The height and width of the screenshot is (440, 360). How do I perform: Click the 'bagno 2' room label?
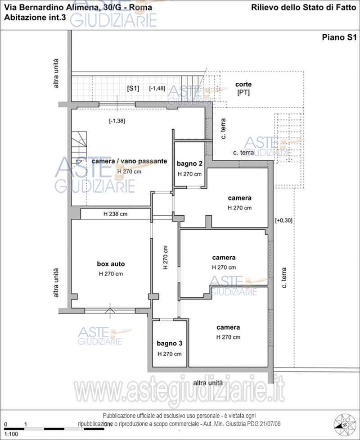(x=189, y=163)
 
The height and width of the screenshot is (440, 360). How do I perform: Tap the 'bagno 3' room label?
(x=169, y=343)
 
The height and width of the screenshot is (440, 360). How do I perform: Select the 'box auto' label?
(x=111, y=264)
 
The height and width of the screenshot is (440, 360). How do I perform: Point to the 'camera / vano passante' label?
(x=129, y=161)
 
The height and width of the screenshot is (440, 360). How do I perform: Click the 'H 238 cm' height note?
(x=115, y=214)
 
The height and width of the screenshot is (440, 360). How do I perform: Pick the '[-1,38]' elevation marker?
(x=117, y=121)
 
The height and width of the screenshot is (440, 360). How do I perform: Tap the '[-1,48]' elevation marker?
(x=157, y=88)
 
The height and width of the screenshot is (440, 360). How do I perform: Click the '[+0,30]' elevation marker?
(x=284, y=220)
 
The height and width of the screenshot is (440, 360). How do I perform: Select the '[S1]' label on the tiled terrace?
(x=133, y=88)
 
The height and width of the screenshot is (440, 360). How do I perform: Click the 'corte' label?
(x=243, y=84)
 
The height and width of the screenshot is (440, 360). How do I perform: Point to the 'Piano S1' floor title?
(x=339, y=37)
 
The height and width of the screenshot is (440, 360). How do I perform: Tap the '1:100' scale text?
(x=11, y=434)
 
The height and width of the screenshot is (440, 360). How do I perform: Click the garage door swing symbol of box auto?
(x=110, y=309)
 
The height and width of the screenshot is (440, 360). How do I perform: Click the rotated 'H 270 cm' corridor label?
(x=166, y=258)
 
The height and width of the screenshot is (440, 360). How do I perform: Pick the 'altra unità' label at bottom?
(x=208, y=383)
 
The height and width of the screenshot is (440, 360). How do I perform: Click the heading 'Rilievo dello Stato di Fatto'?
(x=303, y=8)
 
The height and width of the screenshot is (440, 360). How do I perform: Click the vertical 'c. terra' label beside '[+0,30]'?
(x=284, y=278)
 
